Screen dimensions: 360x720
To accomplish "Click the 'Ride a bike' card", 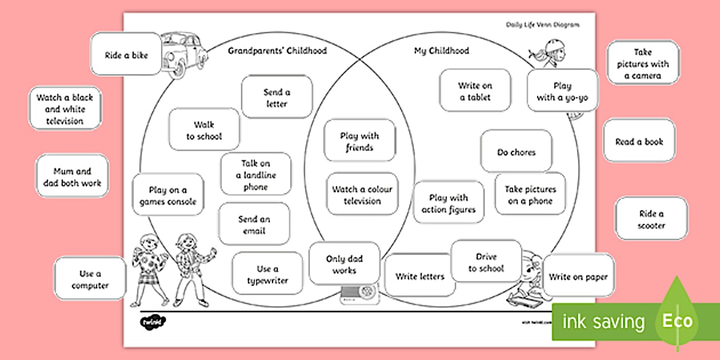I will coord(126,55).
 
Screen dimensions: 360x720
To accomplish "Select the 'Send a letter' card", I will coord(277,97).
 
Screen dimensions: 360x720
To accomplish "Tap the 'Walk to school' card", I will coord(204,130).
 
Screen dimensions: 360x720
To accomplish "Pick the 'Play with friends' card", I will coord(359,141).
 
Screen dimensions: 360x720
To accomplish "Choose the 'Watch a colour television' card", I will coord(362,194).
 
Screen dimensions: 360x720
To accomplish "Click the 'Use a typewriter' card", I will coord(267,274).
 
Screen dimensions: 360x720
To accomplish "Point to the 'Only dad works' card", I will coord(344,263).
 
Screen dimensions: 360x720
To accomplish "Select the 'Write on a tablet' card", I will coord(475,91).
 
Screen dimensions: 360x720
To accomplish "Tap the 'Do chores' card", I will coord(516,151).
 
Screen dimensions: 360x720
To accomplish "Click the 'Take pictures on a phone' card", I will coord(530,194).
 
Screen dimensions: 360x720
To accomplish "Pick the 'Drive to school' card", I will coord(486,262).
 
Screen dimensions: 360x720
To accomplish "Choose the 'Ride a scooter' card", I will coord(651,219).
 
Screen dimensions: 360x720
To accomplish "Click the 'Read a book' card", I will coord(639,141).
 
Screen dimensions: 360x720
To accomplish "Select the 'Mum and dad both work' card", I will coord(72,177).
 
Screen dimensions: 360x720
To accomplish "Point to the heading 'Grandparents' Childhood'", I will coord(277,51).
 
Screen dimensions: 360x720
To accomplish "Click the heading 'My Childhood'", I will coord(441,51).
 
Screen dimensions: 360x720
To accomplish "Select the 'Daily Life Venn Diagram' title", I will coord(542,25).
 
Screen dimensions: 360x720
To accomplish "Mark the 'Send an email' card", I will coord(254,225).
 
